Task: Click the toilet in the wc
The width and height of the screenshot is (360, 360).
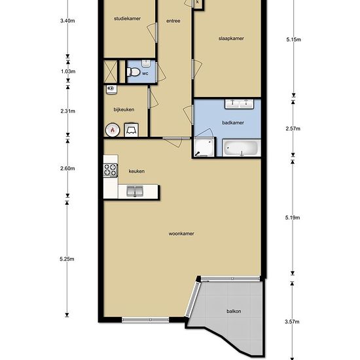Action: tap(133, 72)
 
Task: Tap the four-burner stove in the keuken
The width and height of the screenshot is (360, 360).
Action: tap(111, 170)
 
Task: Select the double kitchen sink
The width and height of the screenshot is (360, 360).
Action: tap(135, 191)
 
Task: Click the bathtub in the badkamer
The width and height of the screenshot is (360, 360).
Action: tap(242, 148)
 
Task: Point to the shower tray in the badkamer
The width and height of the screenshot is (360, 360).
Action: tap(204, 147)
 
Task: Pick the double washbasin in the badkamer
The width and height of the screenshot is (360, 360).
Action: tap(239, 104)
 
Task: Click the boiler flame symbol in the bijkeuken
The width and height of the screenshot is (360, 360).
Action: tap(113, 130)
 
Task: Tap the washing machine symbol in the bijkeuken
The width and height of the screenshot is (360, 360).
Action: tap(132, 130)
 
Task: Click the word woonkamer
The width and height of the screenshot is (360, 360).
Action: tap(181, 234)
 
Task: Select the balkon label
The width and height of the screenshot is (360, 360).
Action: tap(234, 312)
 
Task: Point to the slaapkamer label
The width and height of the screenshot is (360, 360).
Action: tap(231, 39)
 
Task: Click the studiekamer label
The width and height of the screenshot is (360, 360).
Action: tap(127, 18)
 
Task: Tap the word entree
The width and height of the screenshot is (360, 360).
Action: tap(173, 21)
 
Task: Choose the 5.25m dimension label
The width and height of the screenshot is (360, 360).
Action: tap(67, 259)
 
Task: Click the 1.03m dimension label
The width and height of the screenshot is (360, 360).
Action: tap(68, 71)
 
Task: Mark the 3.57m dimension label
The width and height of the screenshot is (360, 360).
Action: tap(292, 321)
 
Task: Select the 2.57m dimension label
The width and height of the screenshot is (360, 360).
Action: tap(293, 128)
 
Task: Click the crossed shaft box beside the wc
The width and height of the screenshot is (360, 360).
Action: tap(111, 71)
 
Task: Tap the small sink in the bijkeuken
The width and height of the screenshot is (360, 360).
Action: tap(111, 89)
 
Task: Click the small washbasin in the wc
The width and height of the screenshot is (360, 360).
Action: tap(146, 63)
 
